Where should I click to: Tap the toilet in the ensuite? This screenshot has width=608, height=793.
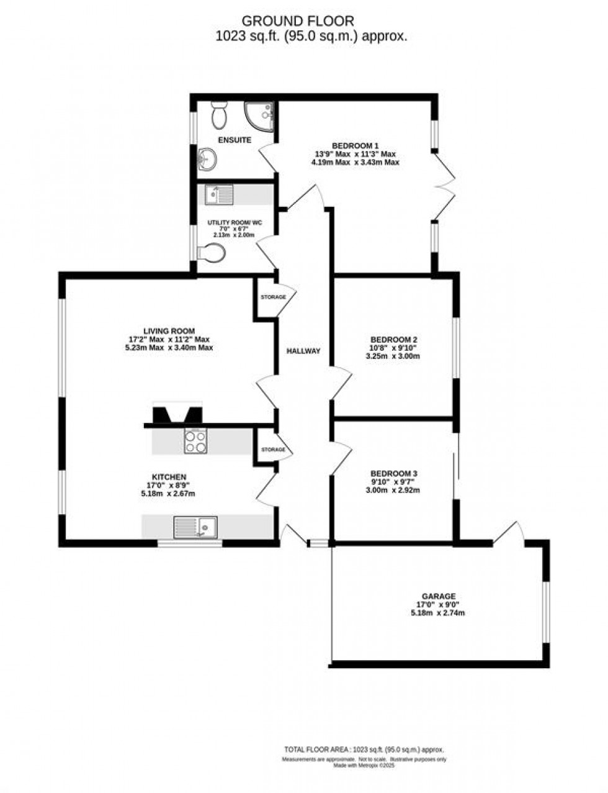point(219,115)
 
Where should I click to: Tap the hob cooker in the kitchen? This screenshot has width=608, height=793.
point(195,442)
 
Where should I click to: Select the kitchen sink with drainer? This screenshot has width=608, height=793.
point(195,527)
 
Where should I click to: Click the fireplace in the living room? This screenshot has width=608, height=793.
point(177,414)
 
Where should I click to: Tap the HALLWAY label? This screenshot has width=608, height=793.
point(303,351)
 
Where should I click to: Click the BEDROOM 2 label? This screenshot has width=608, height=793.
point(393,340)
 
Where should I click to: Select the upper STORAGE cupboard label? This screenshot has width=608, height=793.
point(273,297)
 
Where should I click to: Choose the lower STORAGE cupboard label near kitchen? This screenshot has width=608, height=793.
point(273,450)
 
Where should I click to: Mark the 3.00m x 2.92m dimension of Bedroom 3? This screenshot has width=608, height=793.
point(393,490)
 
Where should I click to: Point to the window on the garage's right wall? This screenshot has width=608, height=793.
point(546,611)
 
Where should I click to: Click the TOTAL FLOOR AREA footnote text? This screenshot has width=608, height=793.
point(364,750)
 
